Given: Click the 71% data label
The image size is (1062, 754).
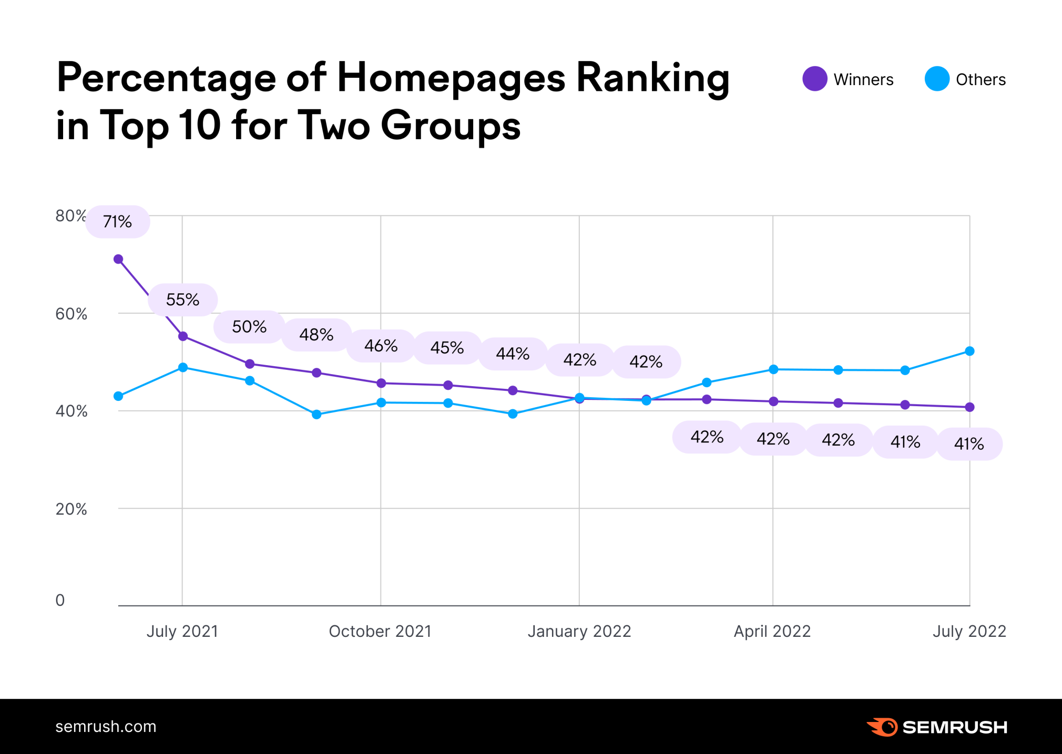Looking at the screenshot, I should pos(118,222).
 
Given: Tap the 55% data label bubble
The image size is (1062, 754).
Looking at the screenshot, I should pos(182,299).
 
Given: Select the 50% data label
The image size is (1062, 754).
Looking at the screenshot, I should pos(249,327).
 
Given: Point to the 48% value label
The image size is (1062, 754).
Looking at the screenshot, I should pos(316,335).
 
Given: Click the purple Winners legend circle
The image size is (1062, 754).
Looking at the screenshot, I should pos(814,79).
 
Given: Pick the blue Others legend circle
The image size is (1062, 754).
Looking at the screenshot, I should pos(936,79).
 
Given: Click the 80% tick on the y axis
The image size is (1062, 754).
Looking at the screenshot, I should pos(70,216).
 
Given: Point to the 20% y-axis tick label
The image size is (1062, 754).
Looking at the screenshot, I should pos(71,509).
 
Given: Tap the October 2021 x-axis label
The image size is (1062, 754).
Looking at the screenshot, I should pos(380,631).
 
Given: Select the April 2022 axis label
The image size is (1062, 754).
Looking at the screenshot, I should pos(772,631).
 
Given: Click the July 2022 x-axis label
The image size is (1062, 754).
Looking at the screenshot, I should pos(969,631).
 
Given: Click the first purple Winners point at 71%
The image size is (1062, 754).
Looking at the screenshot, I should pos(118,259).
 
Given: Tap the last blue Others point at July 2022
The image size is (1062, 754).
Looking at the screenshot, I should pos(969,351).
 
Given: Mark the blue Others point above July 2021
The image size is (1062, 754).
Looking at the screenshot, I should pos(183,367).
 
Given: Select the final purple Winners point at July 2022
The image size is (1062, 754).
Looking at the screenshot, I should pos(969,407).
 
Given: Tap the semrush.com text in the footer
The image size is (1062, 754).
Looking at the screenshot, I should pos(106,727).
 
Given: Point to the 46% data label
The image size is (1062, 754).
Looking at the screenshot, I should pos(381,346).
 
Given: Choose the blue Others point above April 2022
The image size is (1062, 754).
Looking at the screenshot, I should pos(773,369).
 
